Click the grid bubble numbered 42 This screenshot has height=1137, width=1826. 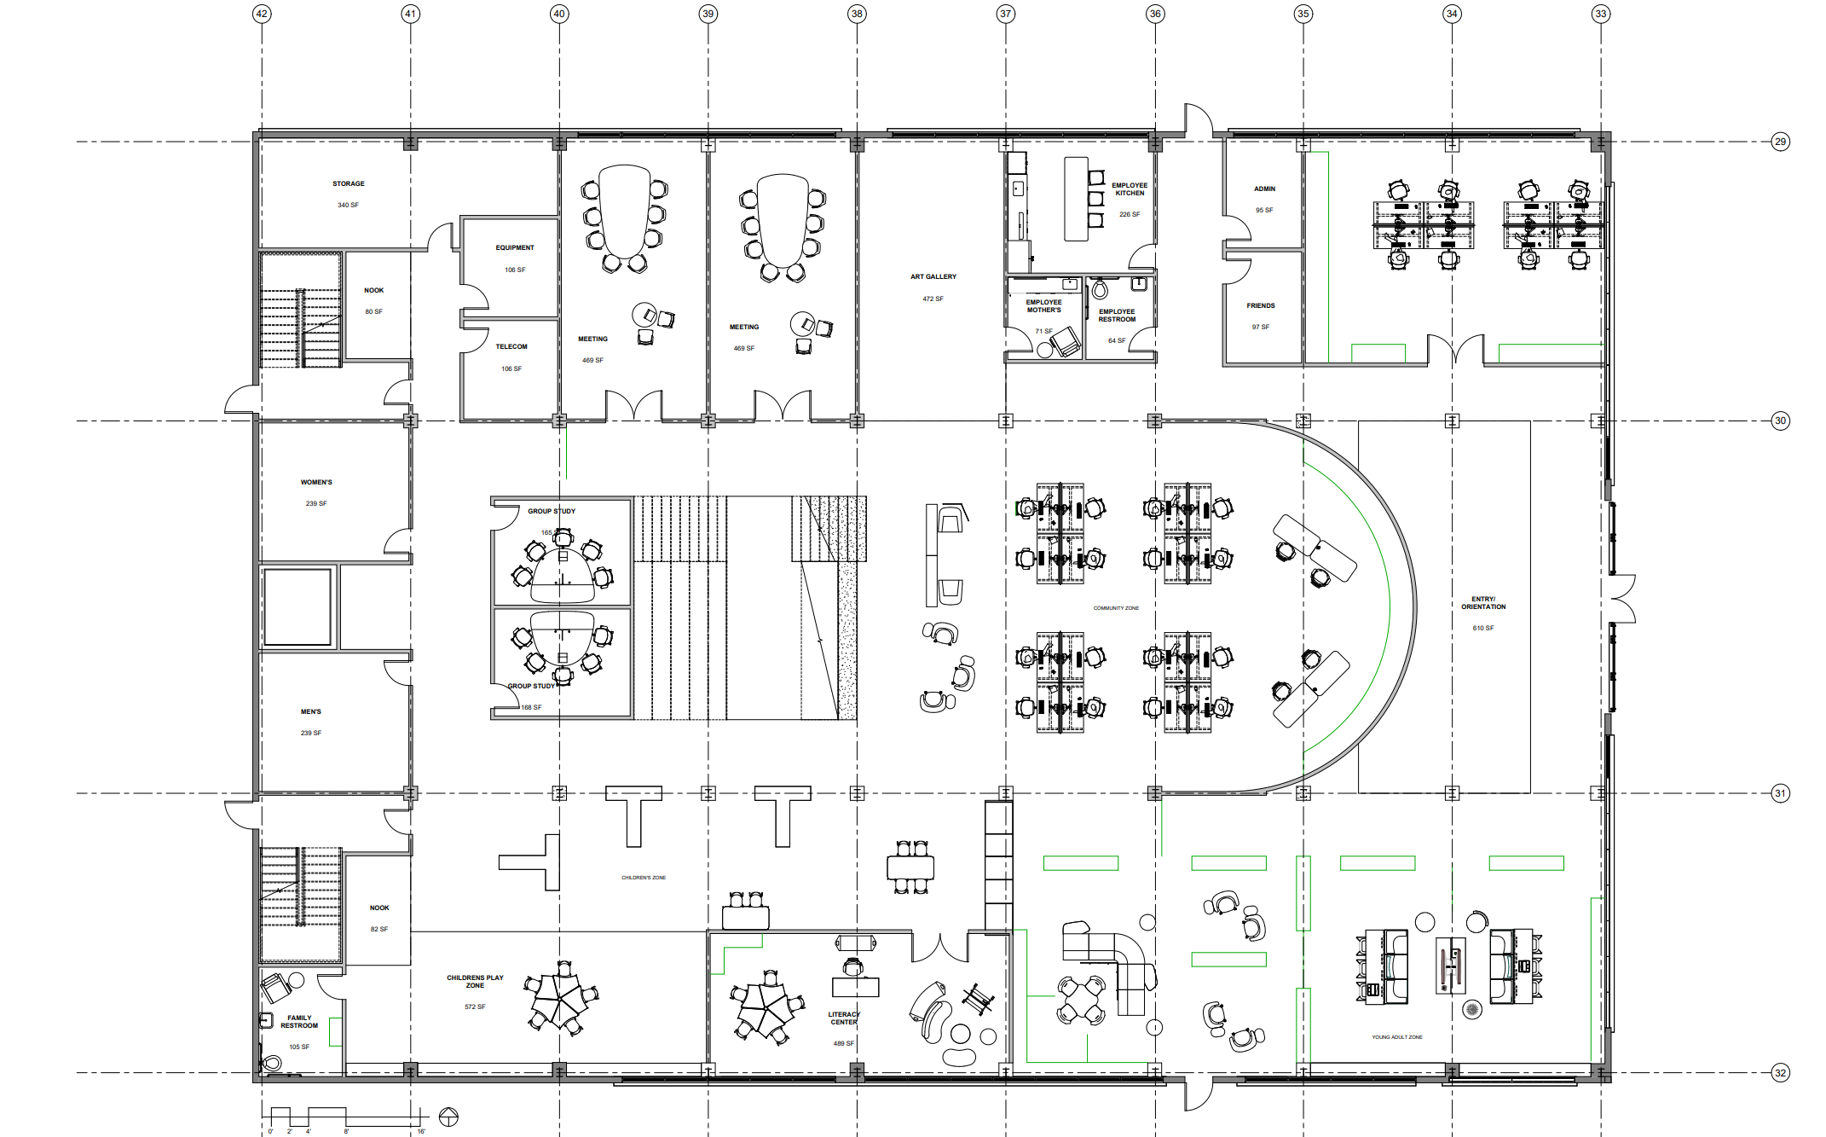(262, 14)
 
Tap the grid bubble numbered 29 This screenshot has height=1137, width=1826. (1780, 142)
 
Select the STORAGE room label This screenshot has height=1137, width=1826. (348, 183)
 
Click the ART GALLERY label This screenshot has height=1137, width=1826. (933, 276)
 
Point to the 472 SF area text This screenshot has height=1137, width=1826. (933, 299)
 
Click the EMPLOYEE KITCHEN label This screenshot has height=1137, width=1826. (1129, 189)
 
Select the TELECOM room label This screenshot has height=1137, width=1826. (511, 346)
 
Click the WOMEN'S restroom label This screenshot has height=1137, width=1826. (316, 482)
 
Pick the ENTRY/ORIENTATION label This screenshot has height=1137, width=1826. (1483, 602)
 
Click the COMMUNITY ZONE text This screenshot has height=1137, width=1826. (1116, 608)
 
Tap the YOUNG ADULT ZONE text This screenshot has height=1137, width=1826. (1396, 1037)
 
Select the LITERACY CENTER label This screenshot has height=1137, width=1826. (844, 1018)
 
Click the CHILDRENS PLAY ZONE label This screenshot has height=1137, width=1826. (475, 981)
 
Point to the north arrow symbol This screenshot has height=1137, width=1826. (448, 1117)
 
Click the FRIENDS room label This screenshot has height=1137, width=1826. (1261, 305)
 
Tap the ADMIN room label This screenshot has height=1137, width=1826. (1264, 189)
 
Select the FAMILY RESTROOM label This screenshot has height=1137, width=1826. (299, 1021)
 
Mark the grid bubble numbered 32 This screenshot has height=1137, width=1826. (1780, 1073)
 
